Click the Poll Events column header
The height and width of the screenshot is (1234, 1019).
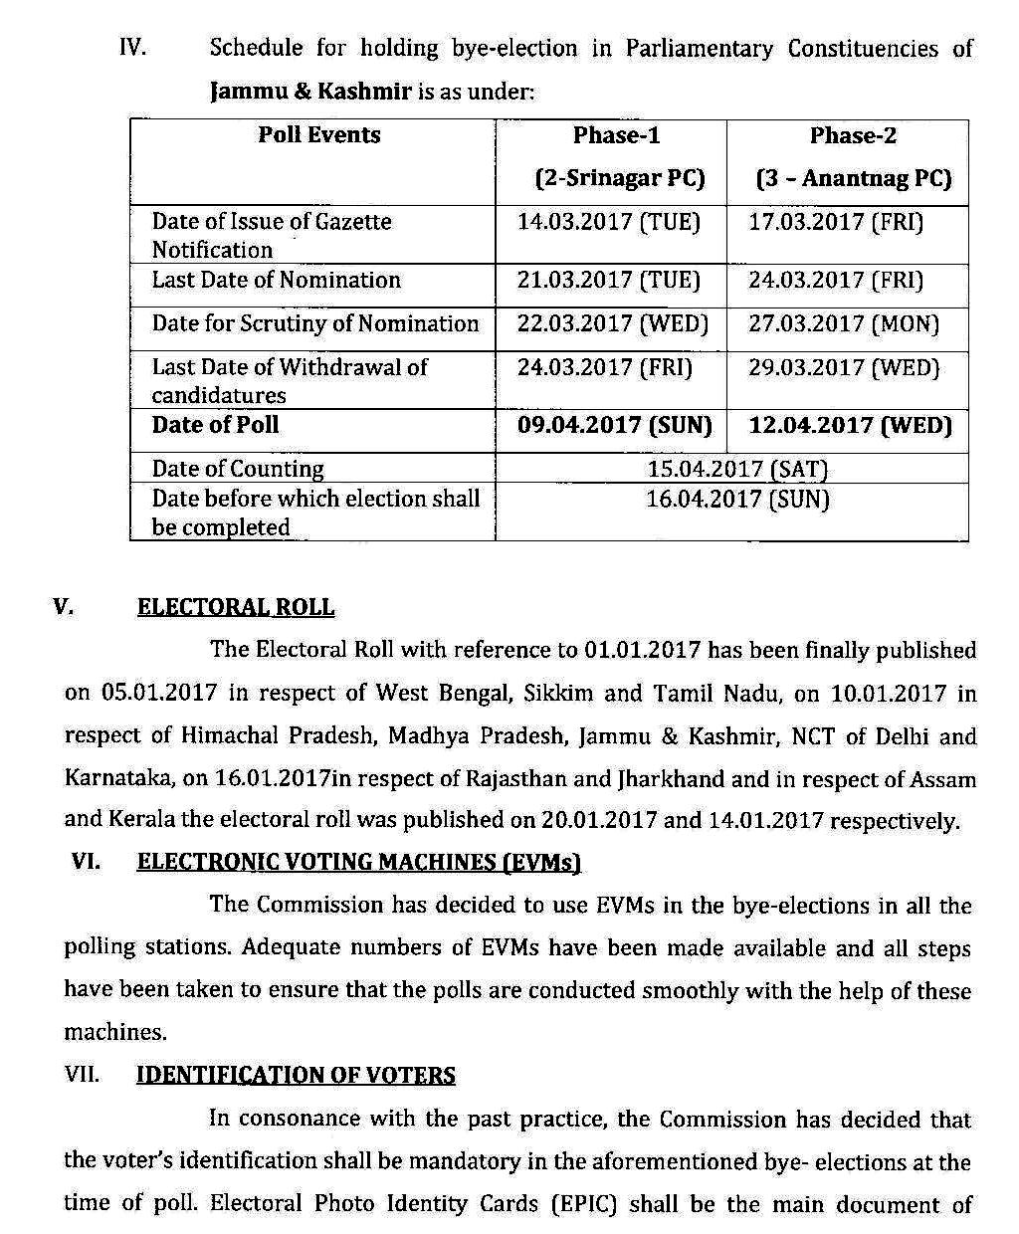tap(318, 135)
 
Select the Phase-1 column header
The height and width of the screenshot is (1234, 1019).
tap(616, 135)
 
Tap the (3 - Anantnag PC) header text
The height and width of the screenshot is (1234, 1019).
tap(853, 179)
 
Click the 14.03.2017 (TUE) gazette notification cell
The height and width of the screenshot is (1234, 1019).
tap(608, 222)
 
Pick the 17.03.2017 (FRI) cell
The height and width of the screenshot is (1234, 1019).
tap(836, 222)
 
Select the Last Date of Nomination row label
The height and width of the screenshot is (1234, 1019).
tap(276, 281)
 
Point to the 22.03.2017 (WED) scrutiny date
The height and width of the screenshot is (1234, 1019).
tap(612, 324)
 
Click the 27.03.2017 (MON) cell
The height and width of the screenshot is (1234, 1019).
tap(844, 324)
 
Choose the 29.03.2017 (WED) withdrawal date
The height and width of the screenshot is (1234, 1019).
tap(844, 368)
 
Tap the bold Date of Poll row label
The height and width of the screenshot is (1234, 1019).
tap(215, 425)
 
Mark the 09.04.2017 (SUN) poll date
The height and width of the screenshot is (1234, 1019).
tap(614, 426)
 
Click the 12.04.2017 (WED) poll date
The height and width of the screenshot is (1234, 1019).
tap(850, 426)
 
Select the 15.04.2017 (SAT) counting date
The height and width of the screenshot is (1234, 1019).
tap(736, 469)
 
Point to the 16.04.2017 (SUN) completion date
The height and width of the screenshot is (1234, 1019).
tap(736, 499)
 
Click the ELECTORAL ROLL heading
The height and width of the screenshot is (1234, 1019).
tap(236, 607)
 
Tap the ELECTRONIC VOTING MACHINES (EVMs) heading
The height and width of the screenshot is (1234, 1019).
tap(358, 863)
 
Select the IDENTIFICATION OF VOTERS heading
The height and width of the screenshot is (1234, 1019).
tap(296, 1076)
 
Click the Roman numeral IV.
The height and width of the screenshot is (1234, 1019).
tap(132, 48)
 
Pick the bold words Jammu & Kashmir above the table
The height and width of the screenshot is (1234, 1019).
tap(310, 93)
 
